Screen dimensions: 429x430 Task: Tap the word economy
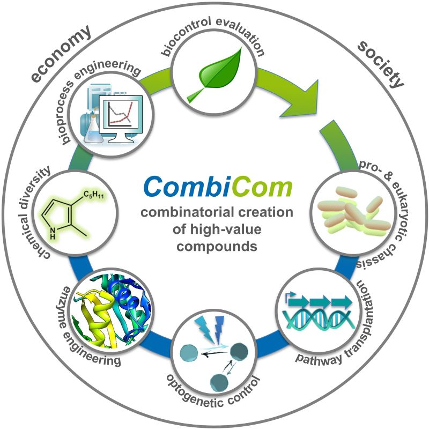pos(61,54)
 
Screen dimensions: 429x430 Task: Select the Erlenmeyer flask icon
pos(94,128)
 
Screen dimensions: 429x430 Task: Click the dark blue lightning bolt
pos(219,328)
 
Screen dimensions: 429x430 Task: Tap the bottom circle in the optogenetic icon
pos(219,383)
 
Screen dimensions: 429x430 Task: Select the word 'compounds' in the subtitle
pos(217,246)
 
